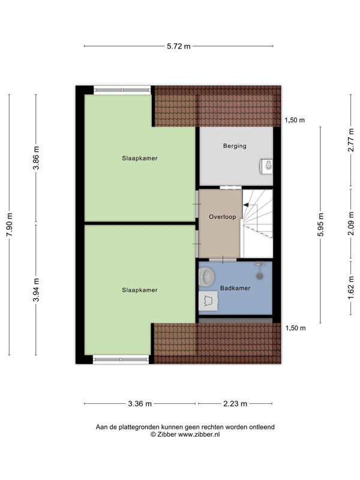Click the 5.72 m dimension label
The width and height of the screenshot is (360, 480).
click(x=178, y=46)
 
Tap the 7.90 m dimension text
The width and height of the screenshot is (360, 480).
click(x=10, y=224)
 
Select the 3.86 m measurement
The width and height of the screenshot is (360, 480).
click(x=36, y=158)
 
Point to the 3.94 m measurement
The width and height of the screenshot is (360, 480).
click(x=36, y=290)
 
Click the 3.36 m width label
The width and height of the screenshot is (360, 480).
click(x=140, y=403)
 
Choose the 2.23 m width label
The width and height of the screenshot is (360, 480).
click(x=235, y=403)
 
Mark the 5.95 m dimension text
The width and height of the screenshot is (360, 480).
click(x=320, y=224)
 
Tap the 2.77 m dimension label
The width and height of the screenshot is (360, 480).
click(x=351, y=140)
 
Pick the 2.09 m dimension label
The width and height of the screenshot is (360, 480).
click(x=351, y=223)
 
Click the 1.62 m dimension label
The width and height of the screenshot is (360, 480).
click(x=351, y=288)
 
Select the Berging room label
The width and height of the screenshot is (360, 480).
click(x=235, y=146)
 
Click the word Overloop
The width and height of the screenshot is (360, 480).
click(x=223, y=217)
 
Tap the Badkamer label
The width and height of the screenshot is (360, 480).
click(x=235, y=288)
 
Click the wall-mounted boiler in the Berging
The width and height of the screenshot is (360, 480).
click(x=266, y=166)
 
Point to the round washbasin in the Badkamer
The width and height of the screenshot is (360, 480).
click(x=206, y=277)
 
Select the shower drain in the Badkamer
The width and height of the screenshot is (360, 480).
click(x=260, y=276)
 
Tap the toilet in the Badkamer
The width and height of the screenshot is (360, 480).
click(x=208, y=301)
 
